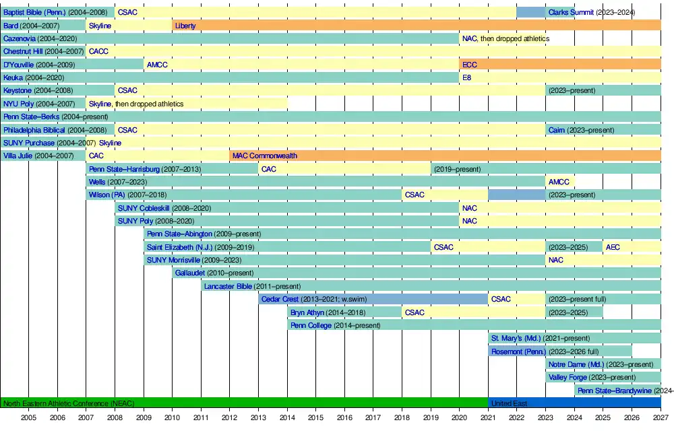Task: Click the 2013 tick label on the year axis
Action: (x=258, y=418)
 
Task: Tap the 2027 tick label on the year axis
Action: (x=661, y=418)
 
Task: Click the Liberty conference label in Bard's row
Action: (x=185, y=26)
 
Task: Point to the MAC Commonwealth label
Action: (x=265, y=156)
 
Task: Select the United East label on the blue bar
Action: (x=510, y=403)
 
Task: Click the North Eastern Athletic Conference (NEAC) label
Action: (x=69, y=403)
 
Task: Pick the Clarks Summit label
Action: (x=571, y=12)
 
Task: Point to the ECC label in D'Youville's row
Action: (x=470, y=65)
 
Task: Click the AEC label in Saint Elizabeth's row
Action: (x=613, y=247)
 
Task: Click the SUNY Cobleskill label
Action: (x=144, y=208)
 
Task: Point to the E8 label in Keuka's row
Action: (x=466, y=77)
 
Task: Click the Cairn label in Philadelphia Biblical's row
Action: (x=557, y=130)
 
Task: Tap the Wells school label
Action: (x=97, y=182)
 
